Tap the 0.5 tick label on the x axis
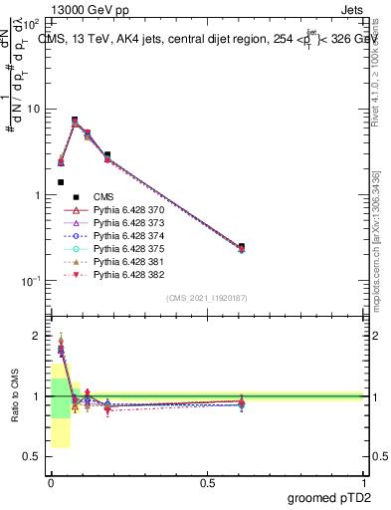(x=207, y=483)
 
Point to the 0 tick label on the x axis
(x=51, y=483)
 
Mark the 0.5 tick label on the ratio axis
(x=31, y=457)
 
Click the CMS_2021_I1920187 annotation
(x=206, y=298)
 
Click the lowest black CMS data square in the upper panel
(x=61, y=182)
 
